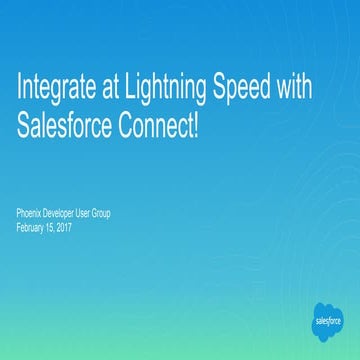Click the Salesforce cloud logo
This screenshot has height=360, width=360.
(x=327, y=322)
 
